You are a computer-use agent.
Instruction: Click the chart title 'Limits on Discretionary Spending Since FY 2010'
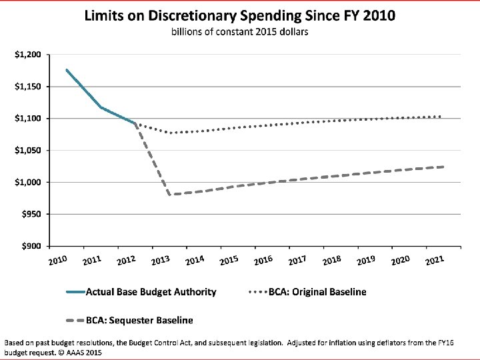[x=240, y=15]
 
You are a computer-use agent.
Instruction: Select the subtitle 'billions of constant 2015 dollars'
[x=240, y=32]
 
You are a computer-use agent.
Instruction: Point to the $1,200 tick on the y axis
[x=28, y=55]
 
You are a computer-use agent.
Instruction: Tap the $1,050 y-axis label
[x=28, y=150]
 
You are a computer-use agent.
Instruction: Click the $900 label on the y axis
[x=31, y=246]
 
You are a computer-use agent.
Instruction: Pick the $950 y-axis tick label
[x=31, y=214]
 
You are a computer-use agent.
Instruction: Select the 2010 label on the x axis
[x=58, y=260]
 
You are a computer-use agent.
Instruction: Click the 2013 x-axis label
[x=161, y=260]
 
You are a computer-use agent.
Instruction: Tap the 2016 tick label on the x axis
[x=263, y=260]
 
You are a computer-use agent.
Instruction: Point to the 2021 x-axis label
[x=435, y=260]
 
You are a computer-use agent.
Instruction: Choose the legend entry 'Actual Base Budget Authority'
[x=141, y=292]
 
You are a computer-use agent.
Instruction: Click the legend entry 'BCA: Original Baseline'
[x=307, y=292]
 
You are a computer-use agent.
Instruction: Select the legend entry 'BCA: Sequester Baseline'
[x=130, y=321]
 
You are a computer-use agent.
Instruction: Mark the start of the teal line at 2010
[x=67, y=70]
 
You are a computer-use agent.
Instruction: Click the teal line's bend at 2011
[x=101, y=107]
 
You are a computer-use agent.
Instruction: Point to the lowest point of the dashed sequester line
[x=169, y=195]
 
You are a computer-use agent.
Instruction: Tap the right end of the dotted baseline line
[x=440, y=116]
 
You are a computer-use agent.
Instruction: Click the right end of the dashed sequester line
[x=443, y=167]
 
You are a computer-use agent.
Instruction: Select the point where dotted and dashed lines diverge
[x=135, y=123]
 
